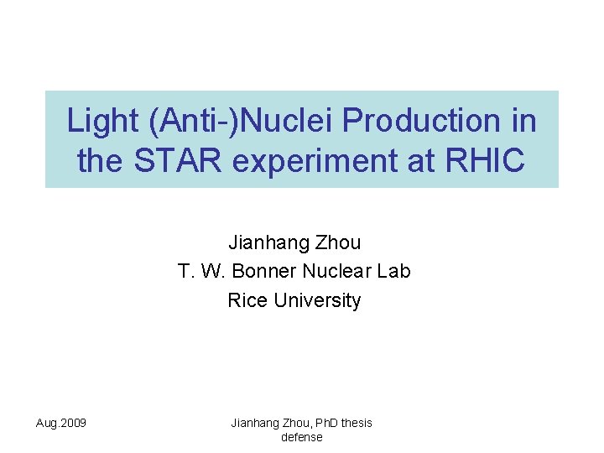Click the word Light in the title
tap(103, 122)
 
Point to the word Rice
tap(247, 300)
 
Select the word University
tap(317, 300)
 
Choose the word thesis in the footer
tap(357, 423)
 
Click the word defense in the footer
tap(301, 437)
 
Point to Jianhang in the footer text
tap(253, 423)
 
